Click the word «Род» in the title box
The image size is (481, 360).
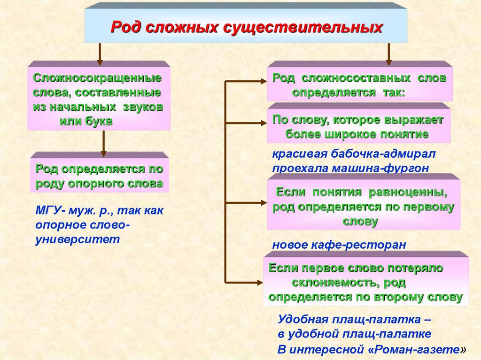[124, 27]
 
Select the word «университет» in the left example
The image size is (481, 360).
[78, 239]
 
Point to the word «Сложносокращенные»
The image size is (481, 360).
[98, 77]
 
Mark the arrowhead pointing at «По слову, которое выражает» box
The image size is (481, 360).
[263, 123]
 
